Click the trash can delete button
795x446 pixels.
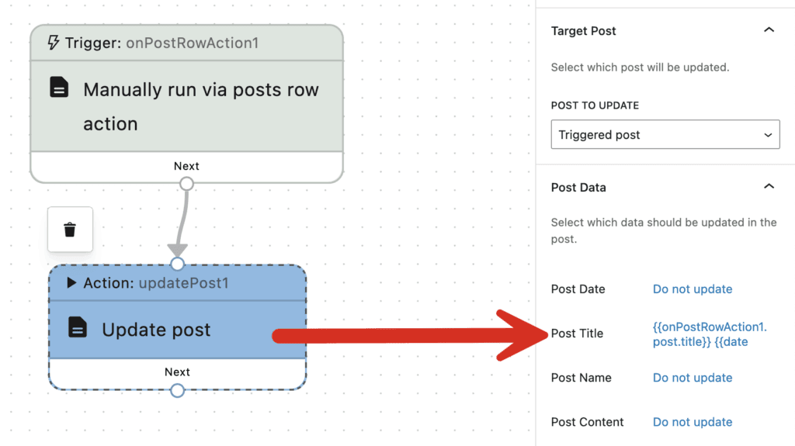click(x=70, y=229)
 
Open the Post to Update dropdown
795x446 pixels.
click(x=665, y=134)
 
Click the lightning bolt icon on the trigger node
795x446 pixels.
click(x=54, y=43)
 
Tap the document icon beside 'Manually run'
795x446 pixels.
click(x=59, y=88)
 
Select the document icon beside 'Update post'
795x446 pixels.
click(x=78, y=328)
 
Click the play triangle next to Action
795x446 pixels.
click(x=72, y=283)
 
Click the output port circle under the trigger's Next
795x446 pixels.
click(x=186, y=183)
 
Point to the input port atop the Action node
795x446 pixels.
click(x=178, y=264)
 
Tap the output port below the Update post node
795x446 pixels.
click(x=178, y=390)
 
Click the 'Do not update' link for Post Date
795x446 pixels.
click(x=693, y=289)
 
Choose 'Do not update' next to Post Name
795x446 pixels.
click(x=693, y=378)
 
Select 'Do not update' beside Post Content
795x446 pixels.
click(x=693, y=422)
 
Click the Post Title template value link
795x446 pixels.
click(x=710, y=334)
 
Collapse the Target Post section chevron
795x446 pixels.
click(x=769, y=31)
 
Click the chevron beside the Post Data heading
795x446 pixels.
click(x=769, y=187)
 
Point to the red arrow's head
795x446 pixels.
click(x=520, y=335)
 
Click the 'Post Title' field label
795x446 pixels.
click(x=577, y=334)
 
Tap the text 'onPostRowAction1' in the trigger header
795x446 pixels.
click(x=192, y=43)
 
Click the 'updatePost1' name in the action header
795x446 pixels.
click(x=184, y=283)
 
